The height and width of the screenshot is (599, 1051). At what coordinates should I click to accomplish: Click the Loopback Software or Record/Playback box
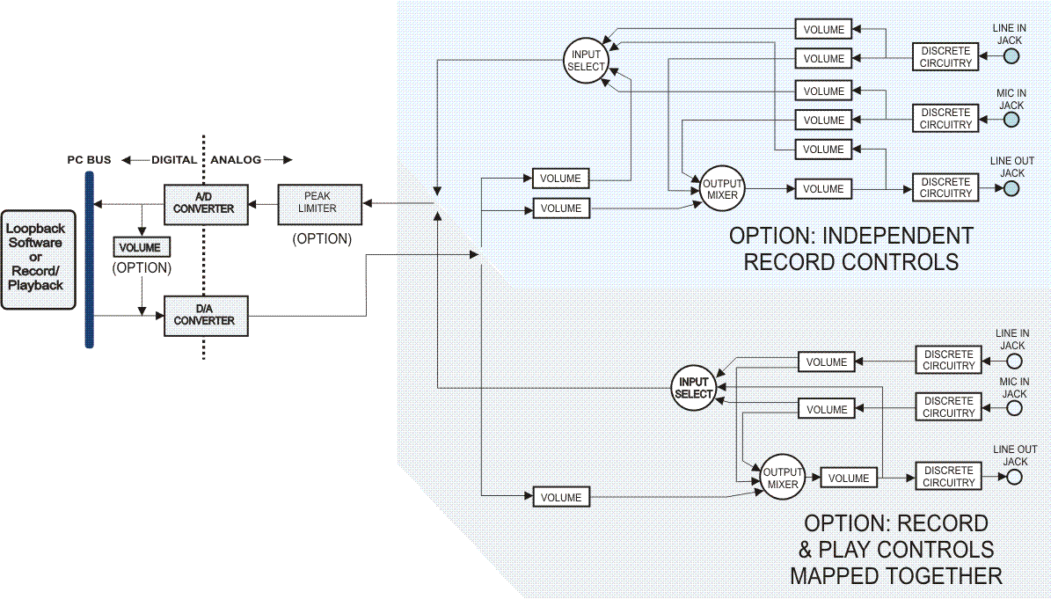[x=38, y=259]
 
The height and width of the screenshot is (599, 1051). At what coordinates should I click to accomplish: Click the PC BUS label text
[x=89, y=160]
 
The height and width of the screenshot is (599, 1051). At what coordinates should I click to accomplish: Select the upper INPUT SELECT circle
[x=586, y=61]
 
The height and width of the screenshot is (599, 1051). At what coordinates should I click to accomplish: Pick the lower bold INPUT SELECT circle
[x=693, y=388]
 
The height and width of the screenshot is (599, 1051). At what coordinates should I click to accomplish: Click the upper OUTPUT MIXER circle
[x=722, y=188]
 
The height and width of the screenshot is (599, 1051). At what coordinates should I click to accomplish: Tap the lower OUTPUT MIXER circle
[x=782, y=478]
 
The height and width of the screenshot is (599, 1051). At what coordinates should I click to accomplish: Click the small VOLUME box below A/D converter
[x=141, y=247]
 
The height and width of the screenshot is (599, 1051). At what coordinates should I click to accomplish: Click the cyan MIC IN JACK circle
[x=1011, y=119]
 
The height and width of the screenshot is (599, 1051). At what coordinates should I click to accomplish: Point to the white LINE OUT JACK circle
[x=1015, y=478]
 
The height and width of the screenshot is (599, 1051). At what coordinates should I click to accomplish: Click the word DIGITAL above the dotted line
[x=174, y=160]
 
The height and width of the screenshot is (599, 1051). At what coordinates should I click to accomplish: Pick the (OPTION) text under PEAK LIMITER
[x=322, y=238]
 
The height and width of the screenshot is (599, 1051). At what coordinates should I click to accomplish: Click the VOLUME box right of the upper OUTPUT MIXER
[x=823, y=188]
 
